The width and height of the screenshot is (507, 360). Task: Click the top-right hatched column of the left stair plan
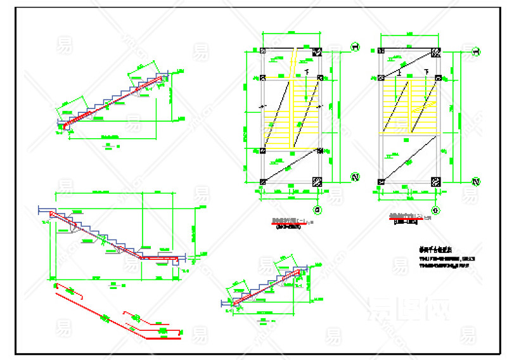(x=318, y=52)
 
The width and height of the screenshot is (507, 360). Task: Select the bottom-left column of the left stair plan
(x=263, y=182)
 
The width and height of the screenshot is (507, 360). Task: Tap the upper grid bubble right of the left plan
(x=355, y=46)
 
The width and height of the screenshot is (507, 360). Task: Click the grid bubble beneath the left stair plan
(x=318, y=209)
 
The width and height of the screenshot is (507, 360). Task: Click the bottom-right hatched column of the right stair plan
(x=435, y=182)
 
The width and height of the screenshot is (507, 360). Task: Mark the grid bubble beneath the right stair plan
(x=435, y=209)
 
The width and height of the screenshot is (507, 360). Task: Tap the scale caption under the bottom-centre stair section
(x=262, y=321)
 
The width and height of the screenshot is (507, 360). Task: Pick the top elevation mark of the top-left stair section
(x=181, y=71)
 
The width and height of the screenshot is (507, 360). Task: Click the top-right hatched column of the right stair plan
(x=435, y=52)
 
